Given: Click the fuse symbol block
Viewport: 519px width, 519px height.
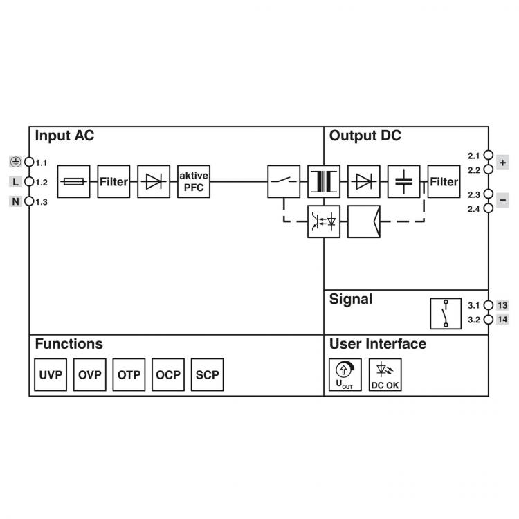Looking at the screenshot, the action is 73,181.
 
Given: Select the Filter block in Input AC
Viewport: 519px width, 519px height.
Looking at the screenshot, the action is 113,181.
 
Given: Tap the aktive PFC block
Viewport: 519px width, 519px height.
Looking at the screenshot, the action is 194,181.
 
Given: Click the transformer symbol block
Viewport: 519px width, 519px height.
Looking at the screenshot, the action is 324,181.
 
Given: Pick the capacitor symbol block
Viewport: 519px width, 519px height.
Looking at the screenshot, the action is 404,181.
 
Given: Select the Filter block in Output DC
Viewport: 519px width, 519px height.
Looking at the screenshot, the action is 444,181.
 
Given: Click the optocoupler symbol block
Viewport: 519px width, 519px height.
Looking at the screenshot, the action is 324,221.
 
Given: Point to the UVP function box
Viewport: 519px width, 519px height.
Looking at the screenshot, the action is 51,374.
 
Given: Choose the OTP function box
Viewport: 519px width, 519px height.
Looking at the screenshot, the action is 129,374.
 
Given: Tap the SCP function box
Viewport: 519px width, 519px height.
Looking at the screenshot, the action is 207,374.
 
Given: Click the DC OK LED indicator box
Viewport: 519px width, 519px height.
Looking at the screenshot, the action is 385,374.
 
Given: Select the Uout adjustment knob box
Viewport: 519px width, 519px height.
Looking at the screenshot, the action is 345,374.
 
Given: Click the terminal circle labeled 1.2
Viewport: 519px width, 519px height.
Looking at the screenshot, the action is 29,182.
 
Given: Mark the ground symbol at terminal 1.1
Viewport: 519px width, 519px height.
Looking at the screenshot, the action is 15,162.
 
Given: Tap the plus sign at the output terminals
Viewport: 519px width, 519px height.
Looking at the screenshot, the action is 502,163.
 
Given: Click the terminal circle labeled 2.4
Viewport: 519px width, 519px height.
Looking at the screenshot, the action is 489,208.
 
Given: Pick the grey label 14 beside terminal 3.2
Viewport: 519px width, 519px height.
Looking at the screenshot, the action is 502,320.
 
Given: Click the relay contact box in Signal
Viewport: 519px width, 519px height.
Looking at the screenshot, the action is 446,313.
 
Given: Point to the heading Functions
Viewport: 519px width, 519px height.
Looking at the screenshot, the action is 69,344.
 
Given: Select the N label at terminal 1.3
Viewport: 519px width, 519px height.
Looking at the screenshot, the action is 15,201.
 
